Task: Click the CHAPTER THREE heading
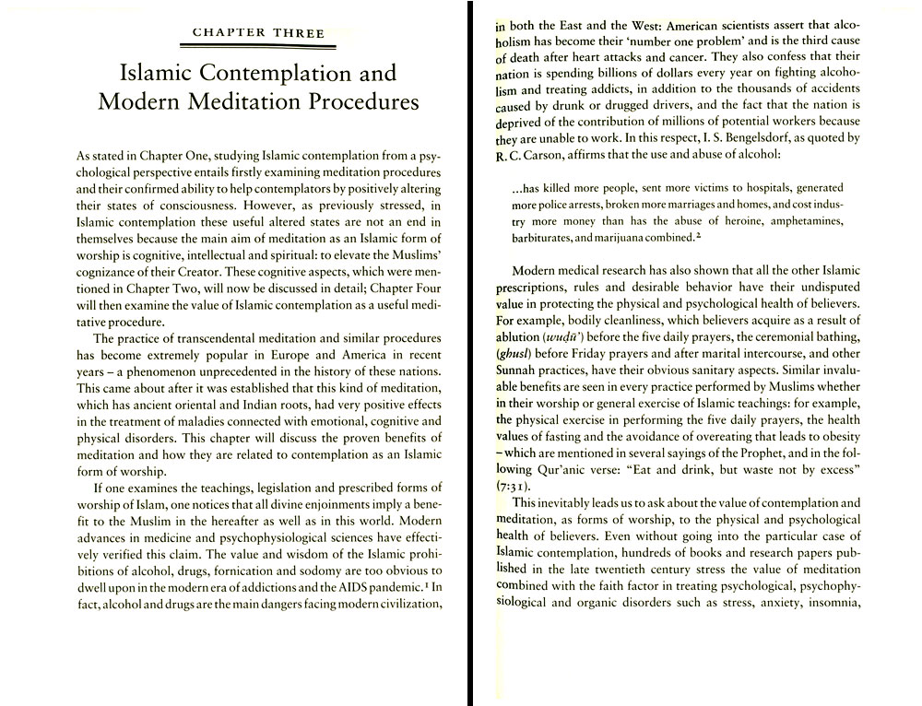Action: [258, 33]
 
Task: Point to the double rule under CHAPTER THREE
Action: [258, 44]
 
